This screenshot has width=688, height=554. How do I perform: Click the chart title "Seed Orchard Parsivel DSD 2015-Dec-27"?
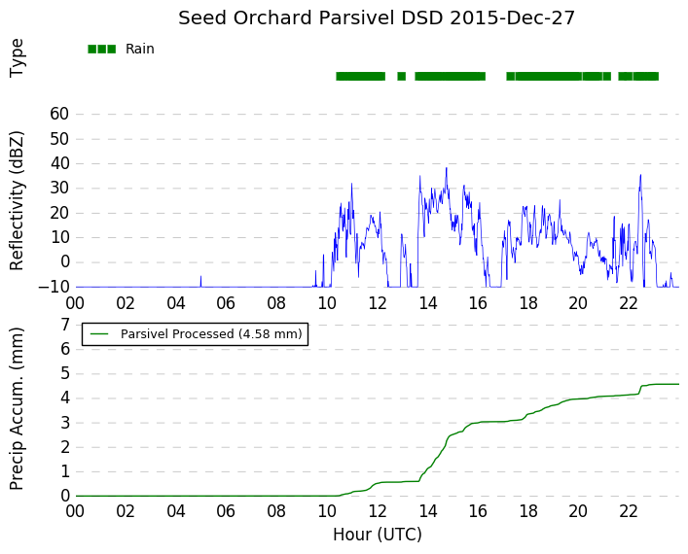point(377,17)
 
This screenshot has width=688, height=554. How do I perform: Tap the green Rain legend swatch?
point(102,50)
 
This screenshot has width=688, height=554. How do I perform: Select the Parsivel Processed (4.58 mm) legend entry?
point(195,334)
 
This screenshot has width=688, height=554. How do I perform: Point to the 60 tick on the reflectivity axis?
point(59,114)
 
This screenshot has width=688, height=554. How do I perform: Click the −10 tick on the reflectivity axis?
point(54,287)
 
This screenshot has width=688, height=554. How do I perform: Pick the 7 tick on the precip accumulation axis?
point(65,325)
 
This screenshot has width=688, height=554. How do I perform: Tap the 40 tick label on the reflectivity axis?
point(59,163)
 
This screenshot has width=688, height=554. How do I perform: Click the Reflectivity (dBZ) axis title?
point(17,201)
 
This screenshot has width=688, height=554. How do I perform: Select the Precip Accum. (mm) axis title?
point(17,408)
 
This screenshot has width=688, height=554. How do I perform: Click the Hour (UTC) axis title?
point(378,535)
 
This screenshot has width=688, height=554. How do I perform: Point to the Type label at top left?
point(17,58)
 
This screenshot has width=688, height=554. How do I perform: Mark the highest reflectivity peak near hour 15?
point(447,168)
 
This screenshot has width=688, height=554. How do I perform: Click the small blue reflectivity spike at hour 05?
point(201,281)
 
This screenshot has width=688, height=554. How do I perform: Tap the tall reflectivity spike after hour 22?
point(640,175)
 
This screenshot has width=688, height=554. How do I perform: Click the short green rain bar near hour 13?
point(402,76)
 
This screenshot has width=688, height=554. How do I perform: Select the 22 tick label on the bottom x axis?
point(629,510)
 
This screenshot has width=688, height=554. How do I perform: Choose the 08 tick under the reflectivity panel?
point(276,303)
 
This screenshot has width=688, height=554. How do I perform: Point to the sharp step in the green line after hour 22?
point(640,390)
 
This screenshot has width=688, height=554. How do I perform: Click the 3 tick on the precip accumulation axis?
point(65,423)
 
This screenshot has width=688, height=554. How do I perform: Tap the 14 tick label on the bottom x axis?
point(427,510)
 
